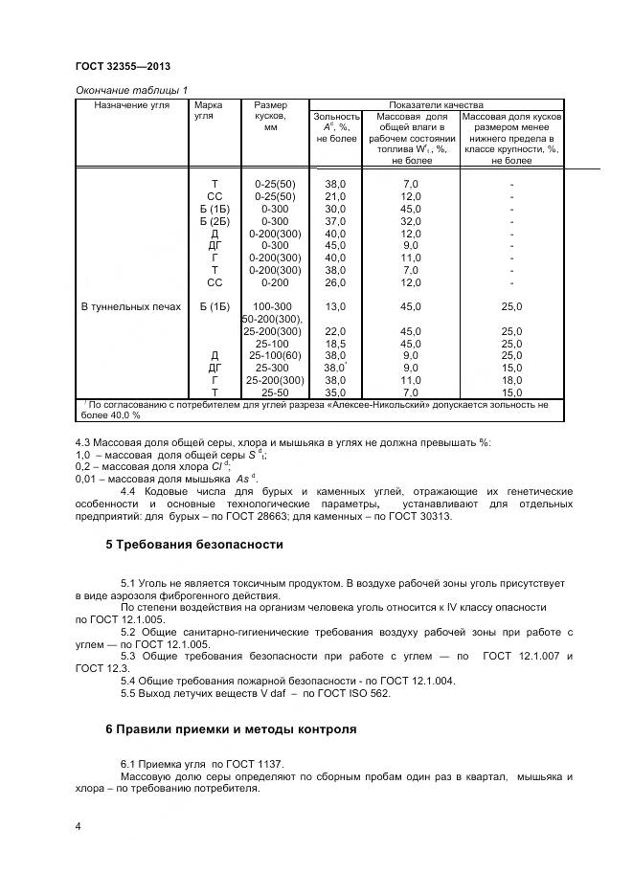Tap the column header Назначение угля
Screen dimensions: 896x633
click(x=132, y=105)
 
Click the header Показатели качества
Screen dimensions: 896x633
click(x=436, y=105)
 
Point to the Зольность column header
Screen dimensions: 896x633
click(x=336, y=117)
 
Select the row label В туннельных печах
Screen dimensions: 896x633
click(x=127, y=307)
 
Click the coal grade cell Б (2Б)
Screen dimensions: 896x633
click(x=215, y=220)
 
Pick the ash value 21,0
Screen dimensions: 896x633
click(x=335, y=196)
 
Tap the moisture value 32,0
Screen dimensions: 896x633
click(x=411, y=220)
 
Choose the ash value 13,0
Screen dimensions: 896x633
click(x=335, y=307)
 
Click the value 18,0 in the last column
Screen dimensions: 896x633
click(x=512, y=380)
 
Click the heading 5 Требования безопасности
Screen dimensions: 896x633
click(x=193, y=545)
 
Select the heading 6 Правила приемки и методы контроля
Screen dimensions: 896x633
click(x=230, y=728)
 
